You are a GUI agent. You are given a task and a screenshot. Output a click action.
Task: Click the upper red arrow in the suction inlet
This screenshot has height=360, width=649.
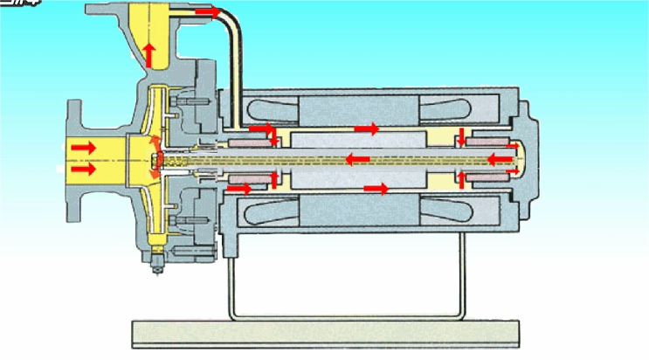[x=84, y=148]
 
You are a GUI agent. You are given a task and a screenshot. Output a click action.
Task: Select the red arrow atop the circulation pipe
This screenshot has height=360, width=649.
[x=208, y=12]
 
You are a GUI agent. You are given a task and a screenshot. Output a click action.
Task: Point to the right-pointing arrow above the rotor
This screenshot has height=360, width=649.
[x=367, y=129]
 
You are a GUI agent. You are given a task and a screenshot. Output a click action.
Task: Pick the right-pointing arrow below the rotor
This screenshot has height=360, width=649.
[x=376, y=188]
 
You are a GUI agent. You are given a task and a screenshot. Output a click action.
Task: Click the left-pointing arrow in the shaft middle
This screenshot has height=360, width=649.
[x=357, y=159]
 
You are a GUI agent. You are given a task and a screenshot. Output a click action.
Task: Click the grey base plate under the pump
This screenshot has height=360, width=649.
[x=324, y=331]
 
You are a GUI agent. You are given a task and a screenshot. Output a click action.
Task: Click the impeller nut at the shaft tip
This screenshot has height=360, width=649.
[x=157, y=159]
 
